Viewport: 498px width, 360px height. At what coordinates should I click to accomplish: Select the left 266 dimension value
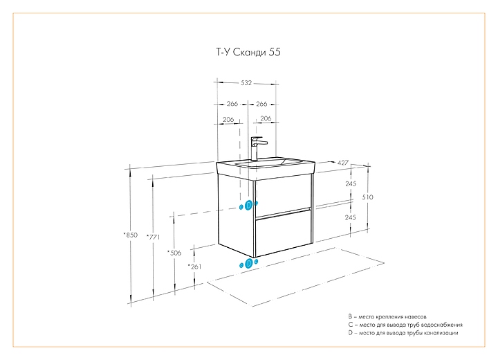(232, 104)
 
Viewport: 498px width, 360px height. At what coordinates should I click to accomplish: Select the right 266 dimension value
(262, 104)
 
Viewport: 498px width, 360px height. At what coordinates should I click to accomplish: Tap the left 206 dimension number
(228, 119)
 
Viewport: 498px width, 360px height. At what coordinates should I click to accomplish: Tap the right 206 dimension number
(266, 119)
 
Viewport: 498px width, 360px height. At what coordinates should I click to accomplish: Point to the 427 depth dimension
(341, 162)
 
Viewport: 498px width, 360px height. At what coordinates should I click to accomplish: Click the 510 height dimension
(368, 197)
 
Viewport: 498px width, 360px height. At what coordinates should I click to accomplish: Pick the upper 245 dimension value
(351, 183)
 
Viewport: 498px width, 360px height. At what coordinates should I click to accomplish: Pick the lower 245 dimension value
(351, 217)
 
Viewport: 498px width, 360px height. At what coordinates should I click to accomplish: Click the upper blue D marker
(249, 205)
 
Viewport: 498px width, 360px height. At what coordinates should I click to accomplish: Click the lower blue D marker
(249, 263)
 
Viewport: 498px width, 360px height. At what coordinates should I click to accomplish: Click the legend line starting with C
(405, 324)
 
